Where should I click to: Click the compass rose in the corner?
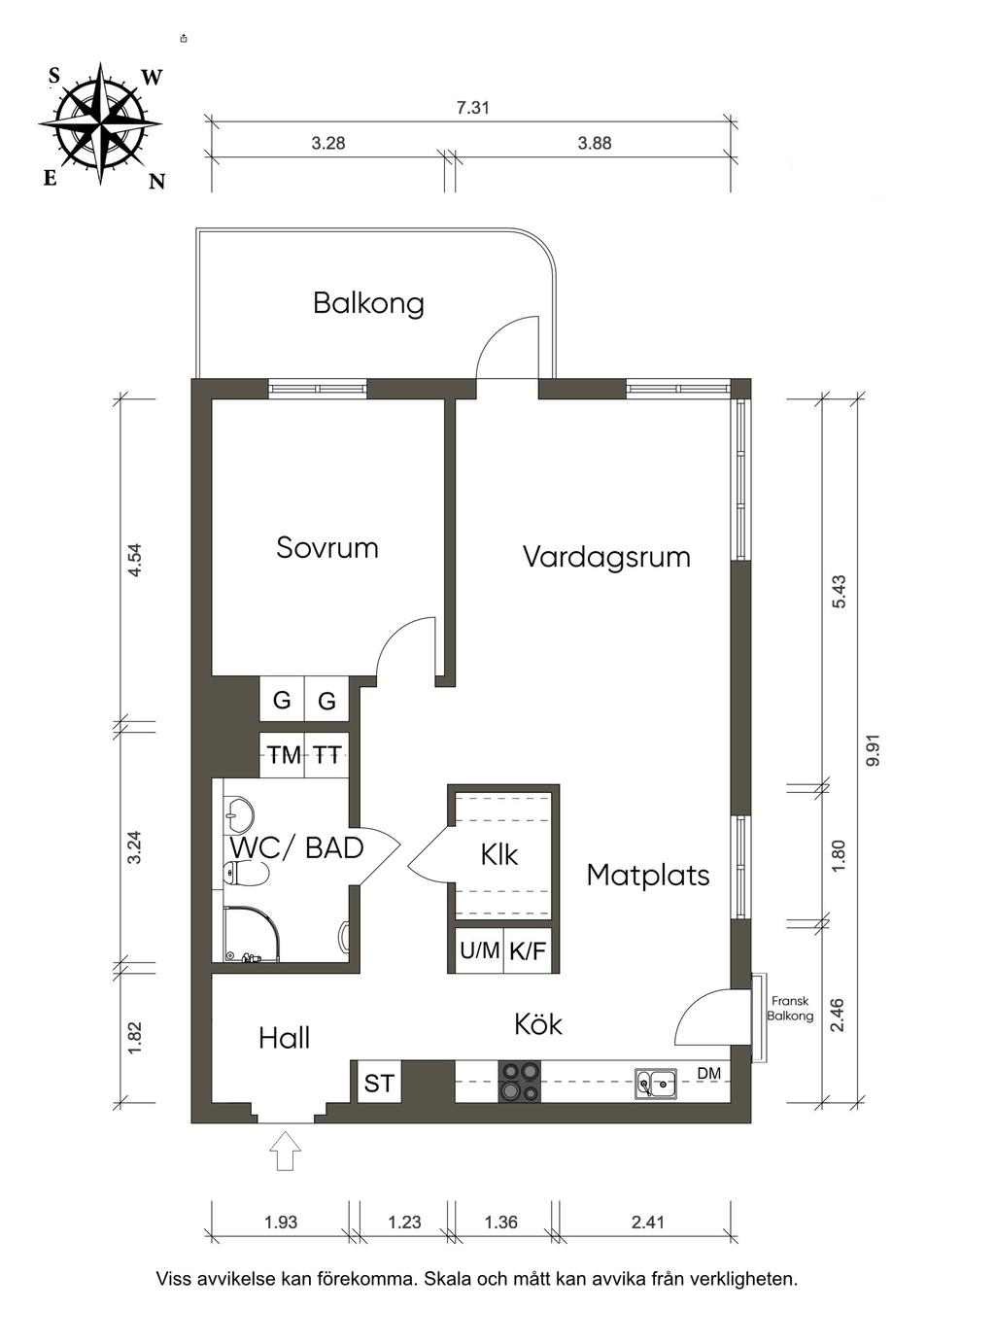pyautogui.click(x=101, y=124)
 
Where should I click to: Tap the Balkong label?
pyautogui.click(x=368, y=303)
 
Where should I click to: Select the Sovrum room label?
pyautogui.click(x=327, y=548)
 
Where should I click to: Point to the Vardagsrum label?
pyautogui.click(x=606, y=557)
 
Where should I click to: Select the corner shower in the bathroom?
pyautogui.click(x=251, y=934)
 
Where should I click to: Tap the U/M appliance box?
pyautogui.click(x=479, y=950)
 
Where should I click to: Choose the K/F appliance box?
pyautogui.click(x=528, y=950)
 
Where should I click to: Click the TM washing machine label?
pyautogui.click(x=284, y=755)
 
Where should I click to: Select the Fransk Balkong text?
pyautogui.click(x=790, y=1009)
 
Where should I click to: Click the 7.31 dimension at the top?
pyautogui.click(x=472, y=108)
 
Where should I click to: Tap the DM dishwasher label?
pyautogui.click(x=709, y=1073)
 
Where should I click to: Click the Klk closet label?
pyautogui.click(x=499, y=855)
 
